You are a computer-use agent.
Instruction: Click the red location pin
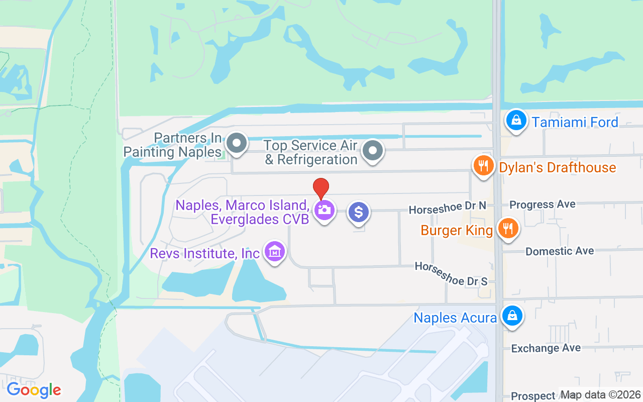(x=321, y=188)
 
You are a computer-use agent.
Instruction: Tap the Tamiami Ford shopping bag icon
(x=515, y=121)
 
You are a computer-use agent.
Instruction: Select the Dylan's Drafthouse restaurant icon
(x=483, y=165)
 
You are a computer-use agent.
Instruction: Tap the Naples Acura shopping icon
(x=511, y=317)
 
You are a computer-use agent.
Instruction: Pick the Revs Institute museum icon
(x=274, y=252)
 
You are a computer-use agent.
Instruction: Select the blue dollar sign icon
(x=359, y=212)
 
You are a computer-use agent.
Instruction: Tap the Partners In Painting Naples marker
(x=236, y=144)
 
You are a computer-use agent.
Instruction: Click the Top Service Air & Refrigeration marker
(x=373, y=150)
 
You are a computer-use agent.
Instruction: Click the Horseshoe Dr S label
(x=451, y=274)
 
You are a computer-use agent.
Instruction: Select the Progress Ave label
(x=543, y=205)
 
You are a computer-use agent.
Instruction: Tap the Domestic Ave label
(x=560, y=251)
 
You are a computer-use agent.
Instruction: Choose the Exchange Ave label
(x=546, y=348)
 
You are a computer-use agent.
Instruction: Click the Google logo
(x=34, y=390)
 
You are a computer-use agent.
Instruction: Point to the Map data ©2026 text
(x=600, y=394)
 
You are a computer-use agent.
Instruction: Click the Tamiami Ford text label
(x=575, y=122)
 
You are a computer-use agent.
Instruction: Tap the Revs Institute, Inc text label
(x=205, y=253)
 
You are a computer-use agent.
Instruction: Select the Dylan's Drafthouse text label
(x=558, y=167)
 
